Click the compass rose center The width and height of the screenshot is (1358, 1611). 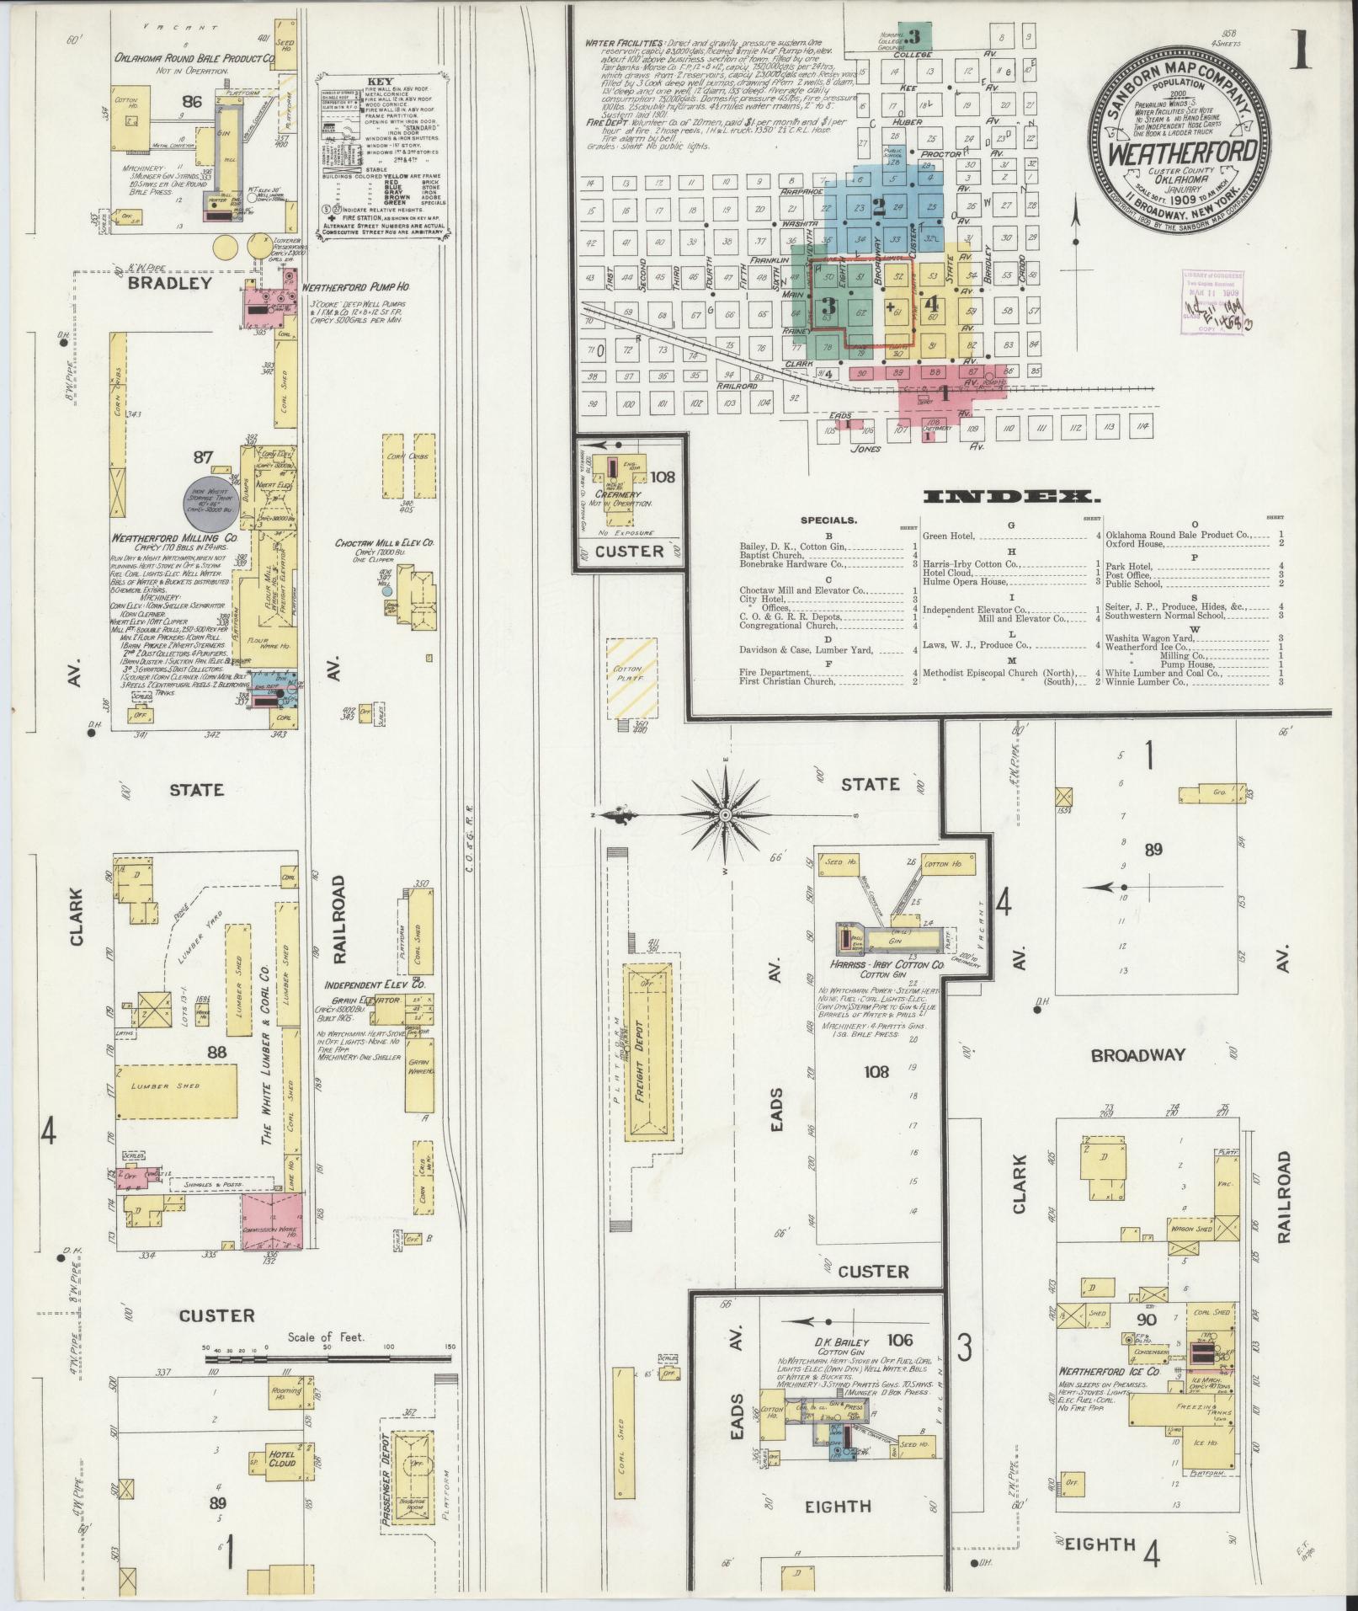[x=725, y=815]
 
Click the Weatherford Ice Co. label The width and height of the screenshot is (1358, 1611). [x=1110, y=1371]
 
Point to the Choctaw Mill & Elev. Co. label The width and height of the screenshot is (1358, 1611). [x=385, y=543]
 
